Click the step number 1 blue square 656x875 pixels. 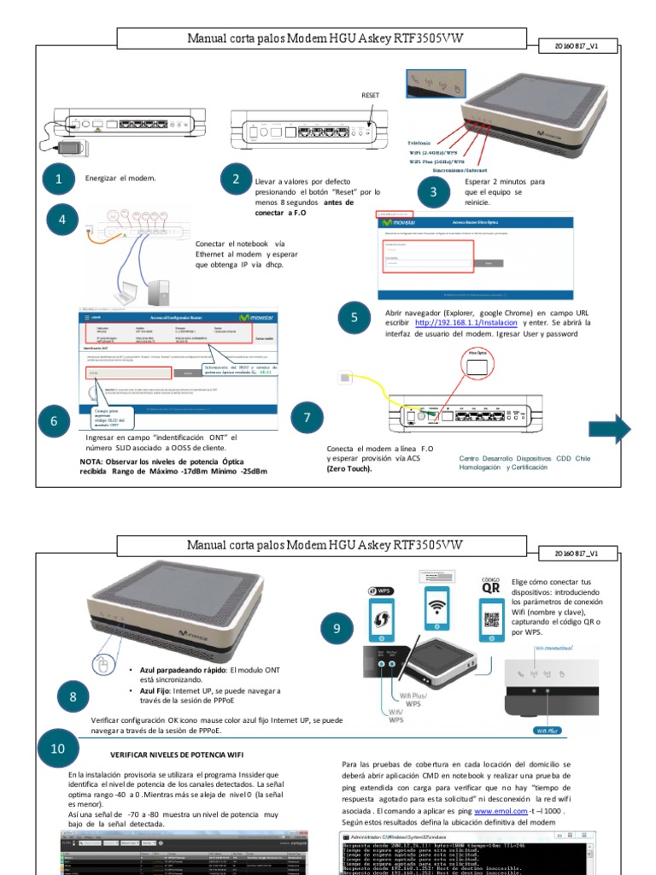tap(59, 179)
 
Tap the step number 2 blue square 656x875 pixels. tap(236, 179)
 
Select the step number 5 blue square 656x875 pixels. tap(354, 318)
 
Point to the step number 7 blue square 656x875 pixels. tap(307, 418)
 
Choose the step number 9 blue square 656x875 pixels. tap(337, 629)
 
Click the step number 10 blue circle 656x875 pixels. tap(58, 749)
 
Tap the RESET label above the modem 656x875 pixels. tap(370, 97)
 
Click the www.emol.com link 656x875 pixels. tap(501, 809)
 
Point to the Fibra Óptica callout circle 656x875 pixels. tap(477, 365)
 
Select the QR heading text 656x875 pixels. tap(491, 587)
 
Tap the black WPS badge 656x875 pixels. tap(382, 590)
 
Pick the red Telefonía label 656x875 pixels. tap(419, 142)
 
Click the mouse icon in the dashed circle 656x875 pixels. tap(103, 667)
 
